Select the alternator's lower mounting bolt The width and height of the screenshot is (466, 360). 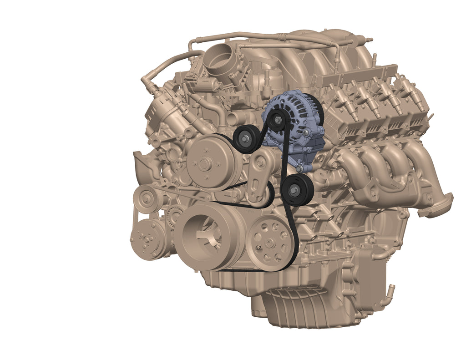click(299, 169)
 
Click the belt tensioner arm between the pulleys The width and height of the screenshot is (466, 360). click(258, 180)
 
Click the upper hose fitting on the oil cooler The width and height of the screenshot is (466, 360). click(380, 255)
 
